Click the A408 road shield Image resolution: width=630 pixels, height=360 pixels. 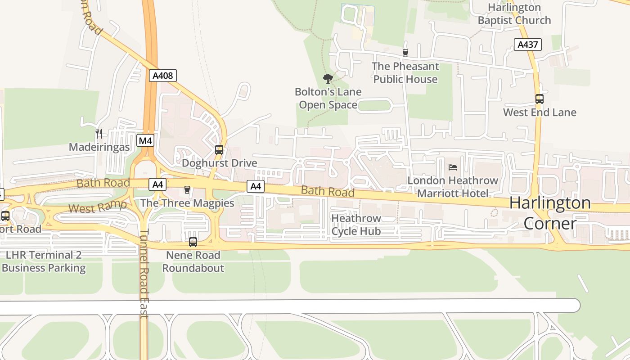pos(163,76)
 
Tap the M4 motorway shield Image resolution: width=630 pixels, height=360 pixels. pos(145,141)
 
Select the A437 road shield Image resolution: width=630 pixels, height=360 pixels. pos(527,45)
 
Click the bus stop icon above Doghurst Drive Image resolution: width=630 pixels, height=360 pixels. pos(219,150)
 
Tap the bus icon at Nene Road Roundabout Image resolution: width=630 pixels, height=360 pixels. pos(193,242)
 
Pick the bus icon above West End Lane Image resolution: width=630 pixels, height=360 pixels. pos(539,99)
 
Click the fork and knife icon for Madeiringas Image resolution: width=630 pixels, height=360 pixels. pos(99,134)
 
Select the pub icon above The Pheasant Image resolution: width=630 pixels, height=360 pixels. pos(405,53)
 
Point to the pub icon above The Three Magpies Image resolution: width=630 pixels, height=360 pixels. pos(187,190)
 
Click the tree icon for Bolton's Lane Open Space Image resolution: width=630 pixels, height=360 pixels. pos(328,79)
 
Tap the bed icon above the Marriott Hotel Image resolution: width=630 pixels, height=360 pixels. pos(453,167)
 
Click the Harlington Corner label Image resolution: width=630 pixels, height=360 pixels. pos(549,213)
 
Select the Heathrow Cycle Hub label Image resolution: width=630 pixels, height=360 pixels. pos(356,225)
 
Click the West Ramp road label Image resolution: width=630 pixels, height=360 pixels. pos(98,207)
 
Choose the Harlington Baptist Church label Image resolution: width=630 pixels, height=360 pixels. pos(514,14)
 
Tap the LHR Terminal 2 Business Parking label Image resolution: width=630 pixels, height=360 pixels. pos(43,261)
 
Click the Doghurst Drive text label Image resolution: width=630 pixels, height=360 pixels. pos(219,163)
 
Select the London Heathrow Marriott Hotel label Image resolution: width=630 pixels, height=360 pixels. pos(453,187)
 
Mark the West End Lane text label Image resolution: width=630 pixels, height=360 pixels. pos(539,112)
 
